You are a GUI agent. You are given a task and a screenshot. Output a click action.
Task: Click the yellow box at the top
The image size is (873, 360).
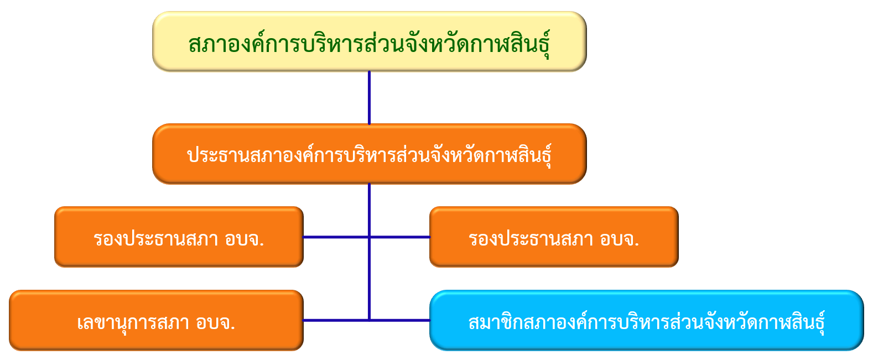[370, 41]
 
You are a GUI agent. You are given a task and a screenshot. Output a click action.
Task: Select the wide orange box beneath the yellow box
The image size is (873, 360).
[370, 154]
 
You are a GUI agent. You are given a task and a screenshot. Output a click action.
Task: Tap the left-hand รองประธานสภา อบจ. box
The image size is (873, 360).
[179, 237]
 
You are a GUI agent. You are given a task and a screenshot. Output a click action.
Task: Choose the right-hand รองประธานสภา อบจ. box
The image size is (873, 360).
[554, 237]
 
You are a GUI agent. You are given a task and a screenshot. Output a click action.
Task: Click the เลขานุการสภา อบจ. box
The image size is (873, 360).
[156, 320]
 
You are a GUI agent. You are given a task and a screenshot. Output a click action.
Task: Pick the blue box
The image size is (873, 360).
[647, 320]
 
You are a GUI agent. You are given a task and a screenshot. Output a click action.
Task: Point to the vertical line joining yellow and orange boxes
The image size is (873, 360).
[369, 98]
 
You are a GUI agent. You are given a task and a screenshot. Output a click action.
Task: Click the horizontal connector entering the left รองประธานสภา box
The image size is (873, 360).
[336, 237]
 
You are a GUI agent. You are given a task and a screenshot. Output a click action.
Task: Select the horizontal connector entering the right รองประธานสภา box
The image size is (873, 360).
[400, 237]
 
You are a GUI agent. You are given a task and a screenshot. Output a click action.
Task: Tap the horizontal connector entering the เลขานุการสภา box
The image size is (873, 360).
[336, 320]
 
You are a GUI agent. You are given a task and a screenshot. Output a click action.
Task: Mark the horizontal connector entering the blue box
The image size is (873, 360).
[400, 320]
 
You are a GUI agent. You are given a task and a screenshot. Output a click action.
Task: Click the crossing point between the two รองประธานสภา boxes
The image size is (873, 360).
[369, 237]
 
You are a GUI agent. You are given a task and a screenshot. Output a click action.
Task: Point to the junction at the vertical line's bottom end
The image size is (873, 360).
[369, 320]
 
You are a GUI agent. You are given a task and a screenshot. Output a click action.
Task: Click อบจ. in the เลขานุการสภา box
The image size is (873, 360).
[216, 322]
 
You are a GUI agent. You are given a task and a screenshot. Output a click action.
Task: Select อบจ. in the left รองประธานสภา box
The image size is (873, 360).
[245, 239]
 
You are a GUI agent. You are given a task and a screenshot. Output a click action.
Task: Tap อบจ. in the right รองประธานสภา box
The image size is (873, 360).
[620, 239]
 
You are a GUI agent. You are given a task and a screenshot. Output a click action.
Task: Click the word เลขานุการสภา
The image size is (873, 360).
[133, 323]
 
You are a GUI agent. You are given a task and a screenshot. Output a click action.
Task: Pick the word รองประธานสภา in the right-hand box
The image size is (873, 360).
[531, 238]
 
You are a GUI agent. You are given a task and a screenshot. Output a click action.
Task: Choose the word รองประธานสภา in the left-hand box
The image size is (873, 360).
[156, 238]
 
